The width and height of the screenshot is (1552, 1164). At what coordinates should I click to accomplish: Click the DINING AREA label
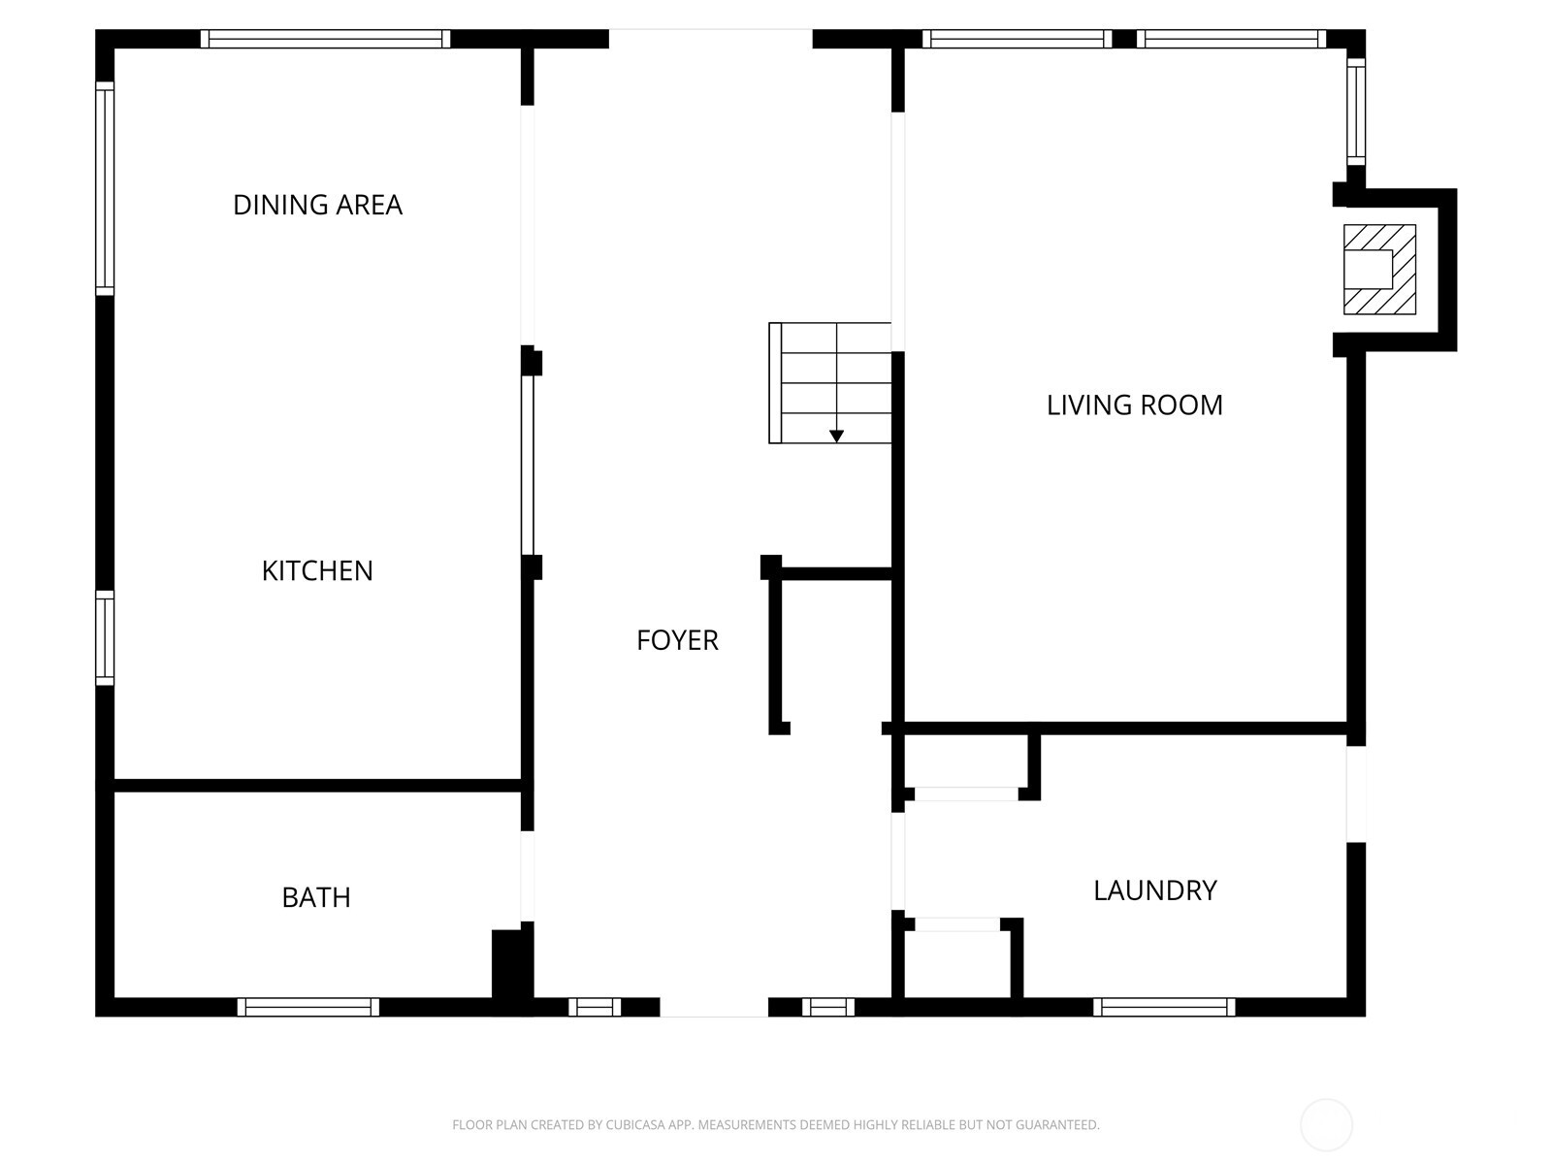(317, 205)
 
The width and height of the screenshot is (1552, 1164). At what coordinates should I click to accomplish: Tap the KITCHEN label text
(317, 570)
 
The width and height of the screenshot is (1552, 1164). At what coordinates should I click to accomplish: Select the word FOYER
(677, 640)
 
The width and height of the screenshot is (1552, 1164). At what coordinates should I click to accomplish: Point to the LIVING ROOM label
(1134, 404)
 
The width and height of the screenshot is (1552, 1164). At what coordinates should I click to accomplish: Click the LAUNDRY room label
(1154, 890)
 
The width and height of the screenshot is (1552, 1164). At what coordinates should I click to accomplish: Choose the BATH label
(316, 897)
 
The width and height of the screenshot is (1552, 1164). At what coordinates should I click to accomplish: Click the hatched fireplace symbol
(1378, 270)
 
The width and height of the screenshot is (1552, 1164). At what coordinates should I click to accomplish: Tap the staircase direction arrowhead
(836, 436)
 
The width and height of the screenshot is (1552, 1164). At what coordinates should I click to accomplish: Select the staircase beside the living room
(830, 383)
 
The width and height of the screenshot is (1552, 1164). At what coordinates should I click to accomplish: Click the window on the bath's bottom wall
(308, 1007)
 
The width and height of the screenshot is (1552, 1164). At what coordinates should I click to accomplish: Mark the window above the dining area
(325, 39)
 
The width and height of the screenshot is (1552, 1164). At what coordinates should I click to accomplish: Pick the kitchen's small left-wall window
(105, 637)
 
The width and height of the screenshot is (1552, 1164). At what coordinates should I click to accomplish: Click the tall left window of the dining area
(105, 188)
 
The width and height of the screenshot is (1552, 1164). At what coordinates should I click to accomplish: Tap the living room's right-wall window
(1356, 112)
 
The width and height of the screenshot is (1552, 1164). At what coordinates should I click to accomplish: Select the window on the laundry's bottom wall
(1164, 1007)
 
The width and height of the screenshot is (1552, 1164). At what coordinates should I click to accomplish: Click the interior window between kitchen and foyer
(528, 465)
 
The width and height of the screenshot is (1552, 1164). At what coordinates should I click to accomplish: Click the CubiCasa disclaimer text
(775, 1125)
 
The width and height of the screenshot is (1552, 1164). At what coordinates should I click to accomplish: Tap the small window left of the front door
(595, 1007)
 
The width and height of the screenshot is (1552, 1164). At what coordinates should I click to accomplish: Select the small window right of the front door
(828, 1007)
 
